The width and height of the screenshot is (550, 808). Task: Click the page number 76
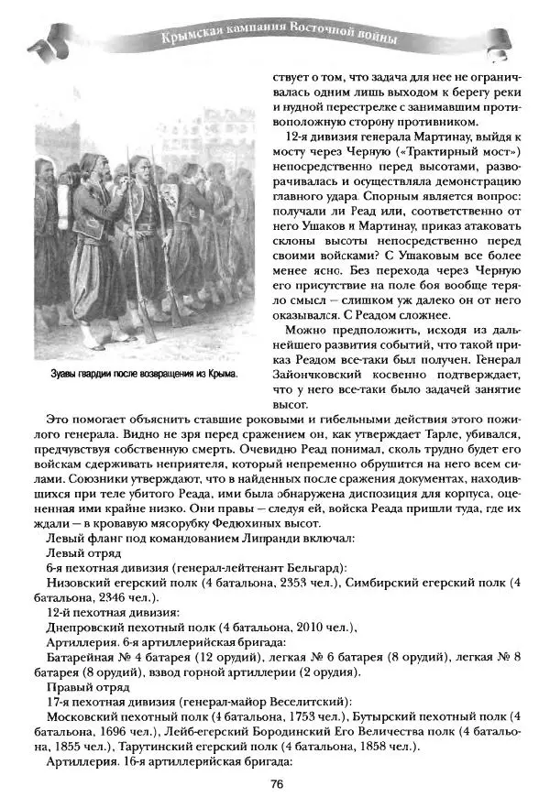point(276,782)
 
